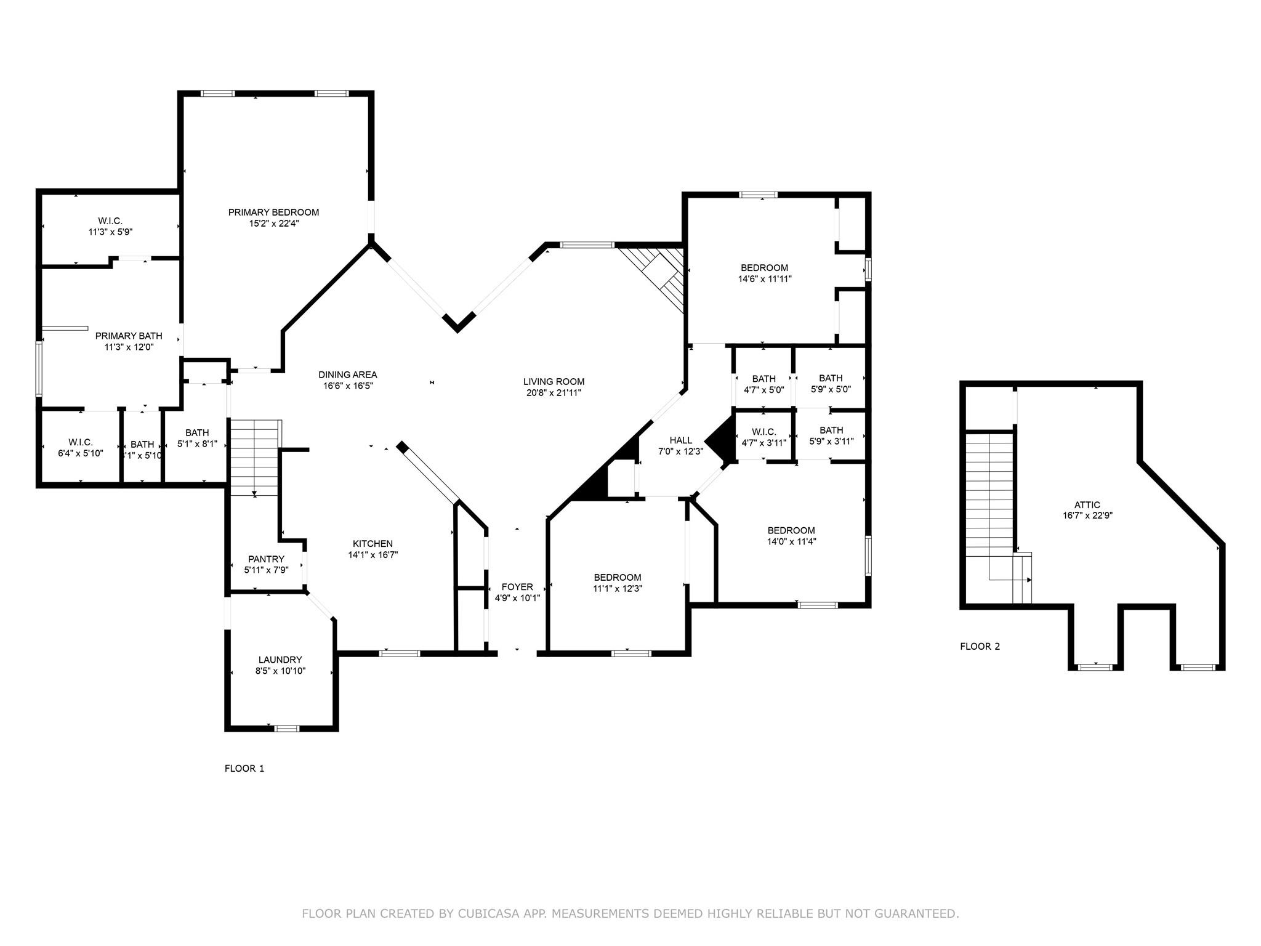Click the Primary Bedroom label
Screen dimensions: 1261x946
click(x=273, y=212)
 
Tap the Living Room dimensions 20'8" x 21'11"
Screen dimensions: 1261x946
click(x=554, y=392)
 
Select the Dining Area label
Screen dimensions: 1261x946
click(x=347, y=374)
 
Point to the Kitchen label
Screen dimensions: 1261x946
click(x=373, y=544)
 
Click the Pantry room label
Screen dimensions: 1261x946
click(x=266, y=559)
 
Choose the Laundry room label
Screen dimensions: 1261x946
click(x=280, y=660)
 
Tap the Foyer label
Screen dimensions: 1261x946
click(x=517, y=587)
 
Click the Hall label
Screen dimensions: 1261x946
click(x=681, y=440)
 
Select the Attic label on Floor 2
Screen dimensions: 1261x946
click(x=1088, y=505)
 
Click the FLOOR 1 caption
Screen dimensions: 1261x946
click(x=244, y=769)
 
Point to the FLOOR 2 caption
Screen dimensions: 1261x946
click(x=980, y=647)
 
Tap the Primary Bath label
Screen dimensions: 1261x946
click(x=129, y=336)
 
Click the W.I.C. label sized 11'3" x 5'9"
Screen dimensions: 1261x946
click(x=110, y=227)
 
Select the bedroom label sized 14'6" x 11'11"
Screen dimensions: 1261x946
click(x=765, y=273)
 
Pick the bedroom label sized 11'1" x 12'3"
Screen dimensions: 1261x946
click(x=618, y=583)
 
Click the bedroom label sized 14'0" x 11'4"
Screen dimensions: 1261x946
click(x=791, y=536)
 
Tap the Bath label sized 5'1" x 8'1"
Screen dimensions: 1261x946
click(x=197, y=438)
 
